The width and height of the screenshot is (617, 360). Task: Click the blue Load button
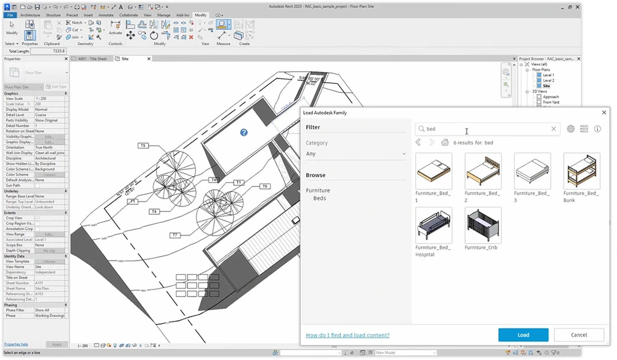[x=523, y=334]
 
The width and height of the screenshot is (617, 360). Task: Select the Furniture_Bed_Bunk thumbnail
[x=582, y=171]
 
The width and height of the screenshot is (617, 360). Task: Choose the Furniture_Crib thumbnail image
[x=483, y=225]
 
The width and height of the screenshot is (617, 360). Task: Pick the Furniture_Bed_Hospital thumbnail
[x=434, y=225]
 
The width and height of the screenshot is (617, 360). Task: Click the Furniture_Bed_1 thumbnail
[x=434, y=171]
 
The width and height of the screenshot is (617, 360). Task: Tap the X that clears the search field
[x=554, y=129]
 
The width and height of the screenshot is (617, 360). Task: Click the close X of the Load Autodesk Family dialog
[x=604, y=113]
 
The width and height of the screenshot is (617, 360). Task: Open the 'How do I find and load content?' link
[x=347, y=335]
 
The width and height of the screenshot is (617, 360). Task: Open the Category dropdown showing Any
[x=356, y=154]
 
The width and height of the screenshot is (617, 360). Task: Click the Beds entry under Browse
[x=320, y=198]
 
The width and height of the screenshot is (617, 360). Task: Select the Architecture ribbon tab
[x=30, y=15]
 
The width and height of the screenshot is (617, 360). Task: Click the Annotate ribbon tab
[x=107, y=15]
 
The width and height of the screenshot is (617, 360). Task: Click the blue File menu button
[x=10, y=15]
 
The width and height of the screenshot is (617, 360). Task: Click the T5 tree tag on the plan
[x=143, y=146]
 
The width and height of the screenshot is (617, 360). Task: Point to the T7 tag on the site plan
[x=175, y=235]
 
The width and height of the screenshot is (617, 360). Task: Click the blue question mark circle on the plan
[x=244, y=132]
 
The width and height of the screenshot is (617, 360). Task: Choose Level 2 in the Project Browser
[x=548, y=80]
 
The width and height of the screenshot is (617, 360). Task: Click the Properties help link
[x=16, y=344]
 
